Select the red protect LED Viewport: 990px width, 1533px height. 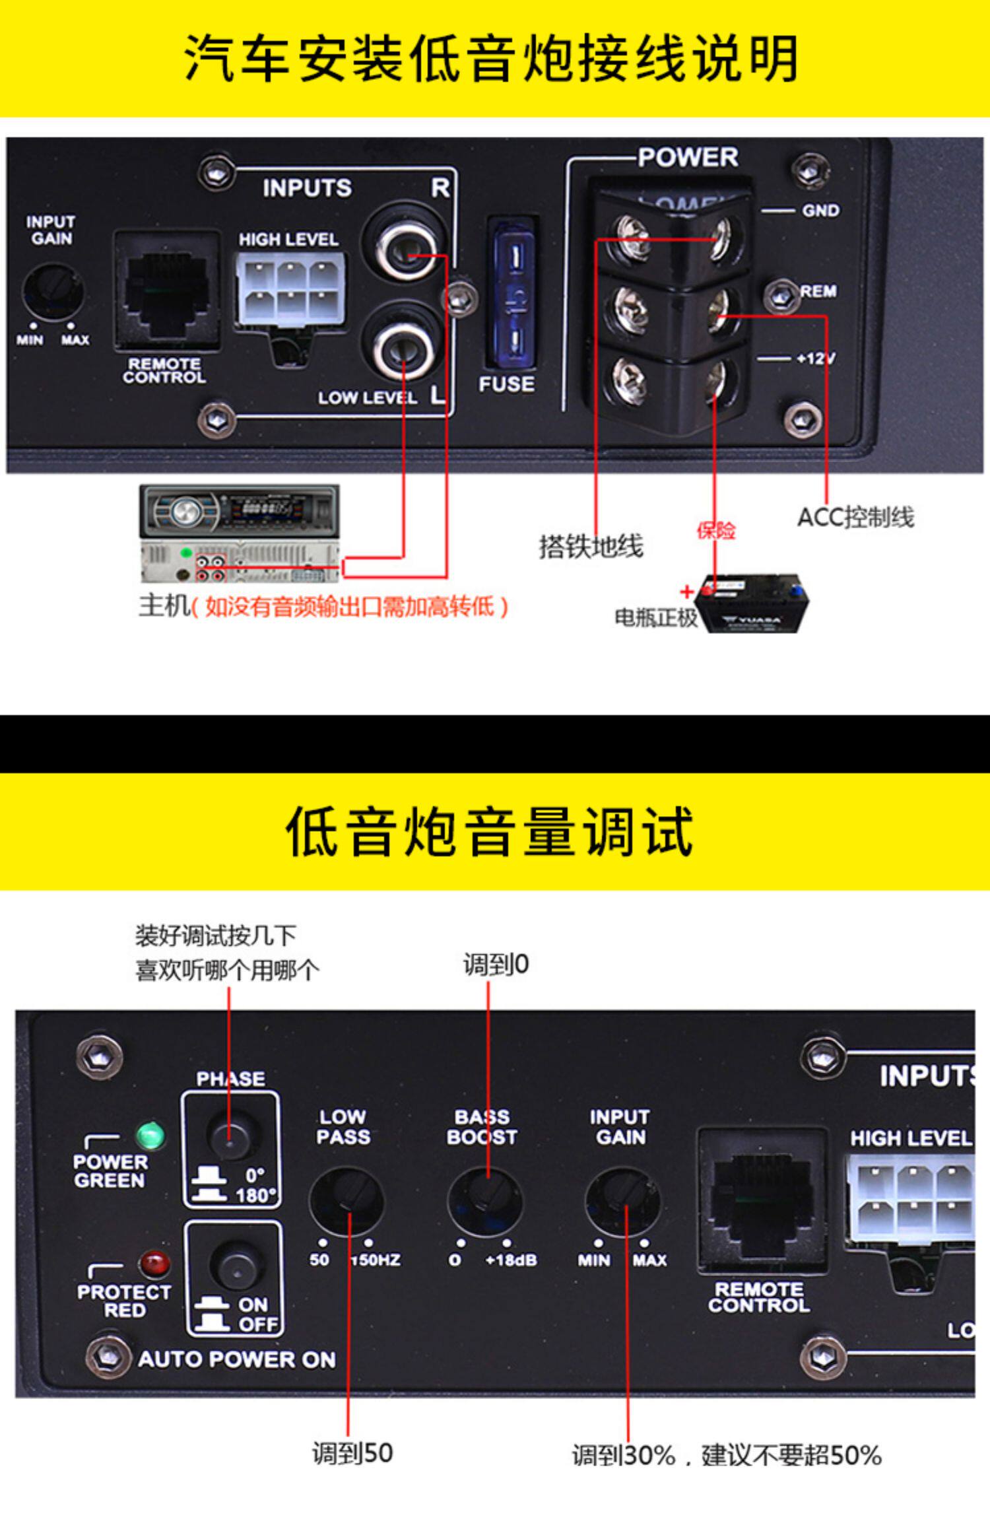pyautogui.click(x=154, y=1263)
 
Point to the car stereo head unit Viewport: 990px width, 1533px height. pyautogui.click(x=239, y=533)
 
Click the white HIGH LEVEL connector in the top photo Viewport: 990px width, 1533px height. pyautogui.click(x=290, y=289)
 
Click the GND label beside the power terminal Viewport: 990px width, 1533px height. pyautogui.click(x=820, y=211)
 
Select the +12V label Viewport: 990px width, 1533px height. pyautogui.click(x=815, y=358)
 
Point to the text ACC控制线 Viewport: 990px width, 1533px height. pyautogui.click(x=855, y=518)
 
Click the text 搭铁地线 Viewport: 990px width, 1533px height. pyautogui.click(x=591, y=547)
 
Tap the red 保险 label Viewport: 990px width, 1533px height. pyautogui.click(x=716, y=530)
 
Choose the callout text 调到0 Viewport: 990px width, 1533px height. pyautogui.click(x=496, y=965)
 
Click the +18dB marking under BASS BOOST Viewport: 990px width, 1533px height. pyautogui.click(x=511, y=1260)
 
